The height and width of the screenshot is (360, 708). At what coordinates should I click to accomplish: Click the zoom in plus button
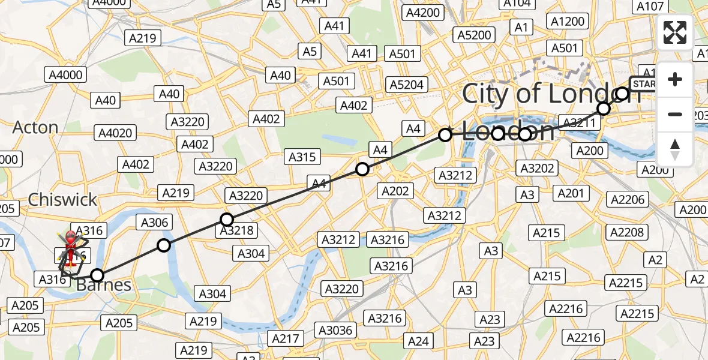pyautogui.click(x=675, y=79)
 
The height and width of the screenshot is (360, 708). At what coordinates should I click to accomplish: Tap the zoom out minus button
pyautogui.click(x=675, y=114)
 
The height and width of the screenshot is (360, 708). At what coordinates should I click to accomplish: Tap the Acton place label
pyautogui.click(x=35, y=127)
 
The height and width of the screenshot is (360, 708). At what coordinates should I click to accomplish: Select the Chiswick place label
pyautogui.click(x=62, y=199)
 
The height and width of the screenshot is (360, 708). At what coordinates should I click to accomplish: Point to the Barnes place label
pyautogui.click(x=104, y=285)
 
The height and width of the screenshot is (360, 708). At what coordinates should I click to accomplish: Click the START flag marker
pyautogui.click(x=644, y=84)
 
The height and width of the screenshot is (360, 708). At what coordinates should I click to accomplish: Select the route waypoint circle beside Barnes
pyautogui.click(x=97, y=275)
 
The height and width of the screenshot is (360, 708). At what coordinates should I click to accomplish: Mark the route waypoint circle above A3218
pyautogui.click(x=226, y=220)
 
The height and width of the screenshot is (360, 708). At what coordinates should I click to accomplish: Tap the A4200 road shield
pyautogui.click(x=423, y=13)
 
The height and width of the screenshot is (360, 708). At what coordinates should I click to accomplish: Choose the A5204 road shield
pyautogui.click(x=407, y=85)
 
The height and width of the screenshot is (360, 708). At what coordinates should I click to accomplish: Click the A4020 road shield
pyautogui.click(x=115, y=133)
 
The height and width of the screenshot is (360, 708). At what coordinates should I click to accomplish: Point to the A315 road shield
pyautogui.click(x=302, y=157)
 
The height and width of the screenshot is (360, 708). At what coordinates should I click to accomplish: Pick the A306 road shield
pyautogui.click(x=155, y=223)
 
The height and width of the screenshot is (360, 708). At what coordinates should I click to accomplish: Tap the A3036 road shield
pyautogui.click(x=336, y=329)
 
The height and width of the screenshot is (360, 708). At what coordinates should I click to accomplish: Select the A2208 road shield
pyautogui.click(x=628, y=232)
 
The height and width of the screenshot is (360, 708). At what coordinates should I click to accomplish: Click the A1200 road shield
pyautogui.click(x=567, y=22)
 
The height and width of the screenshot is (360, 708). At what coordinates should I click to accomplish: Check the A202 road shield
pyautogui.click(x=395, y=191)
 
